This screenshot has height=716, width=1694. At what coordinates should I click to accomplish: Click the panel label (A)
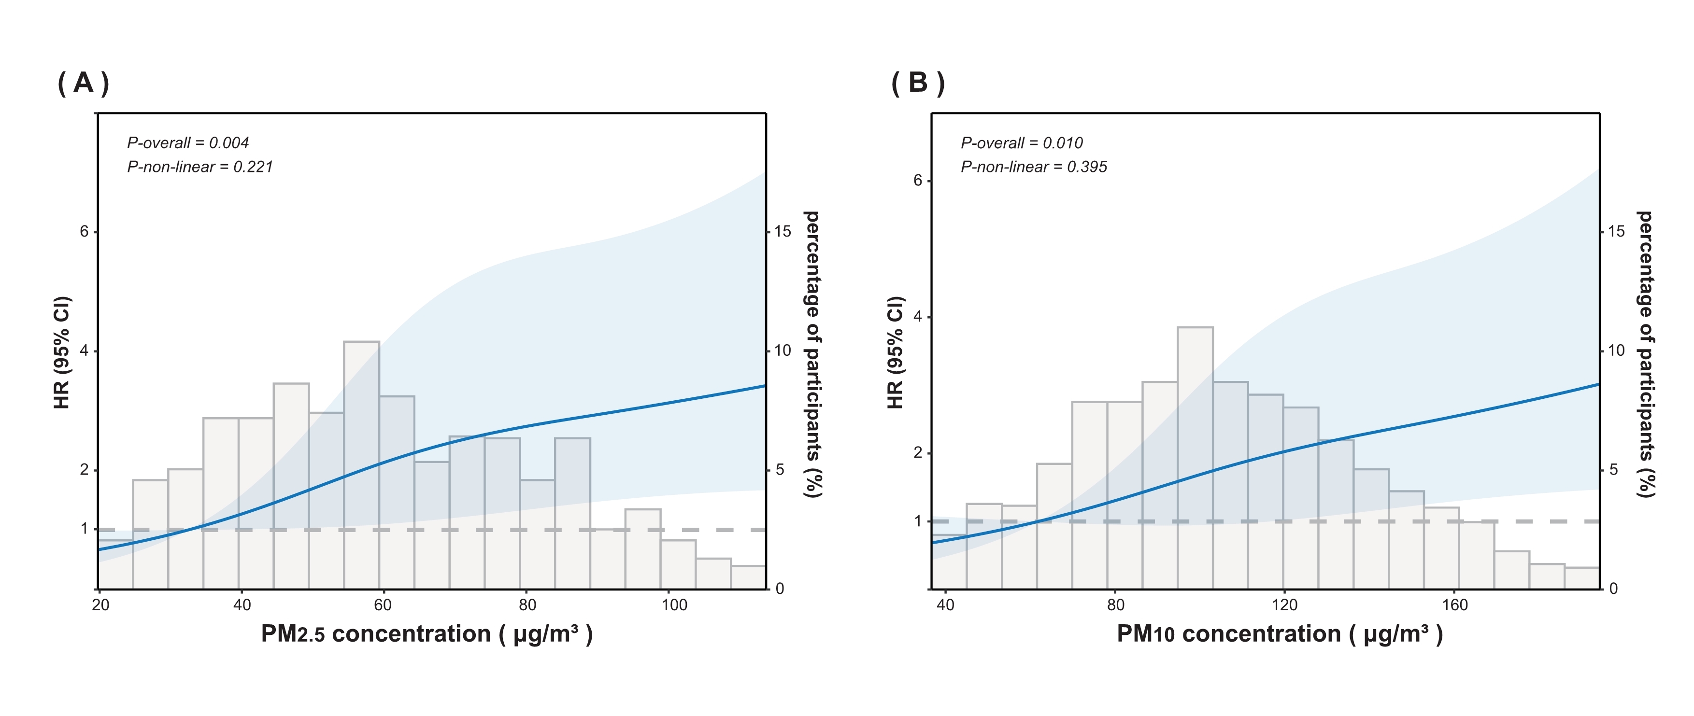(84, 84)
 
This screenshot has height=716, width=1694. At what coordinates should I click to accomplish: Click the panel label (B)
(918, 84)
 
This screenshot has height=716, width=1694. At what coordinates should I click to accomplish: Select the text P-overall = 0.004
(188, 143)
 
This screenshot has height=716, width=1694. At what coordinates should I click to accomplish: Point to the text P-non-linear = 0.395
(1034, 167)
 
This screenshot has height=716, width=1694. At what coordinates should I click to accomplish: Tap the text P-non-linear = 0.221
(200, 167)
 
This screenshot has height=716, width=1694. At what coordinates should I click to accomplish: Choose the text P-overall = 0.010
(1021, 143)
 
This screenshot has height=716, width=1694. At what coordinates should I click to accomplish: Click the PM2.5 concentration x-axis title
(427, 634)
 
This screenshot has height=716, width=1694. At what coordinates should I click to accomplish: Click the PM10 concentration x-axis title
(1280, 634)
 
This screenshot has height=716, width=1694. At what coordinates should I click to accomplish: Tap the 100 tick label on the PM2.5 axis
(674, 605)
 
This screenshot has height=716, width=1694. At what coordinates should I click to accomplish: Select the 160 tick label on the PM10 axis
(1454, 605)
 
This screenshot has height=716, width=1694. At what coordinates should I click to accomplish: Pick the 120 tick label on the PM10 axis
(1284, 605)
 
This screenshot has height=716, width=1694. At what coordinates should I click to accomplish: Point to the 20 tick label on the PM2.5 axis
(100, 605)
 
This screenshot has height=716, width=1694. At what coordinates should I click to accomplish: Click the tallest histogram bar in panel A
(361, 460)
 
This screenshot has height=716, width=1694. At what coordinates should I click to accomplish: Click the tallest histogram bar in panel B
(1195, 454)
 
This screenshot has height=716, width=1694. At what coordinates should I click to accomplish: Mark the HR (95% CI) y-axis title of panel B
(896, 352)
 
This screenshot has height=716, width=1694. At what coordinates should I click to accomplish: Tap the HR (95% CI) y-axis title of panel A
(62, 352)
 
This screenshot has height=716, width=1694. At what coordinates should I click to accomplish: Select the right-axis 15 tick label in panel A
(783, 231)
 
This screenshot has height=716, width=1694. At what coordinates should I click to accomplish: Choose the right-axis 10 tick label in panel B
(1616, 351)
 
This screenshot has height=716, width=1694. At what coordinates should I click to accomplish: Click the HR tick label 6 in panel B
(918, 181)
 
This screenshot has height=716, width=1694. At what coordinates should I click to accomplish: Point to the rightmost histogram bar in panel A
(748, 577)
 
